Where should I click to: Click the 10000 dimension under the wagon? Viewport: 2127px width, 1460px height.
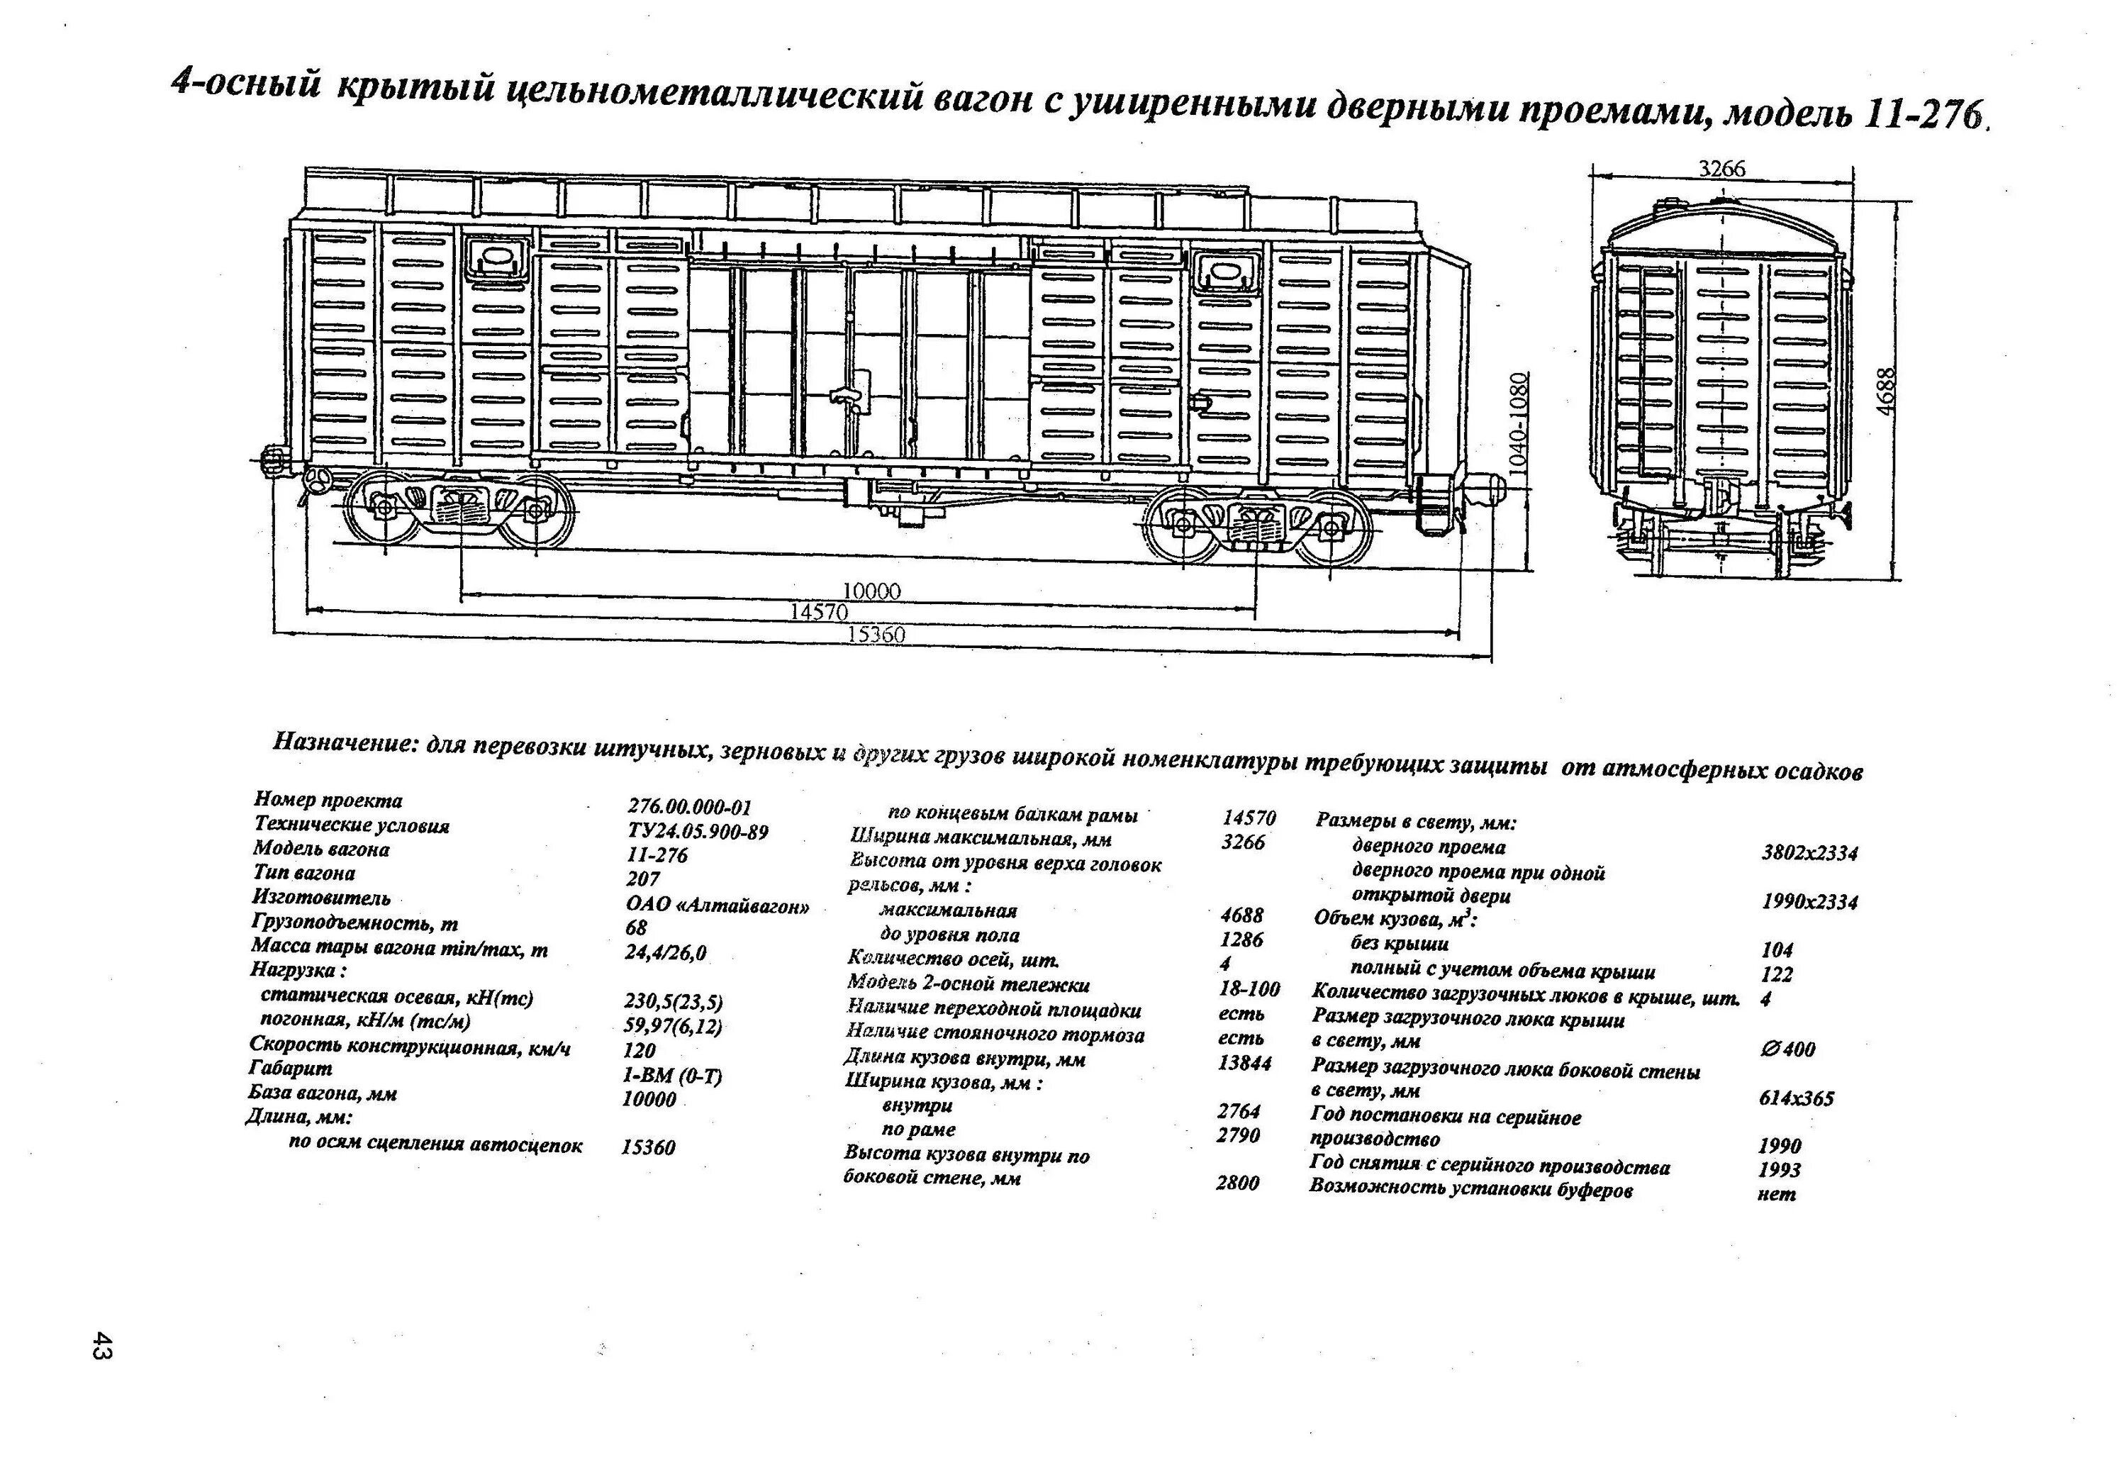[x=871, y=591]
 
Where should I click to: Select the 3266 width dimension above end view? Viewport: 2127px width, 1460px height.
[x=1721, y=169]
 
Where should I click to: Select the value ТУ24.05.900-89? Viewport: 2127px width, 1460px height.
[x=698, y=832]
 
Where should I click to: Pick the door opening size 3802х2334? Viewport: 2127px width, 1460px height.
[x=1809, y=853]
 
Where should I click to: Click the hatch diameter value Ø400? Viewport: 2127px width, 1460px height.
[x=1787, y=1049]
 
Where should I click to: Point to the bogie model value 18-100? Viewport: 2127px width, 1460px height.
[x=1249, y=988]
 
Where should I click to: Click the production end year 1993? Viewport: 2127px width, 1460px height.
[x=1778, y=1170]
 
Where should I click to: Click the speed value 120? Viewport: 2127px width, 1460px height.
[x=639, y=1050]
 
